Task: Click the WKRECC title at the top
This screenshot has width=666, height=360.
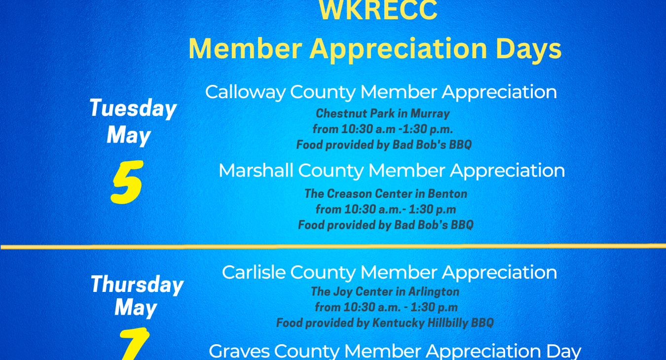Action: point(378,11)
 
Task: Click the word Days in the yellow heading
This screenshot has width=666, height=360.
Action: point(528,49)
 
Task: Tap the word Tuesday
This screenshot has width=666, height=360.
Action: point(133,108)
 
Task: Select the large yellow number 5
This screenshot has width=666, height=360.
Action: point(127,182)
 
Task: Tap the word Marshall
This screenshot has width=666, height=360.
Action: point(256,171)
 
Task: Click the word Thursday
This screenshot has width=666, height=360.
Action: point(137,285)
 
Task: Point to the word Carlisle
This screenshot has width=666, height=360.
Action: point(254,272)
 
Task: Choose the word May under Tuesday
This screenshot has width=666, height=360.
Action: point(128,135)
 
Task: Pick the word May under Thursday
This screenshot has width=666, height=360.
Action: point(136,308)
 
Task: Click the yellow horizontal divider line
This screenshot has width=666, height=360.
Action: point(333,246)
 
